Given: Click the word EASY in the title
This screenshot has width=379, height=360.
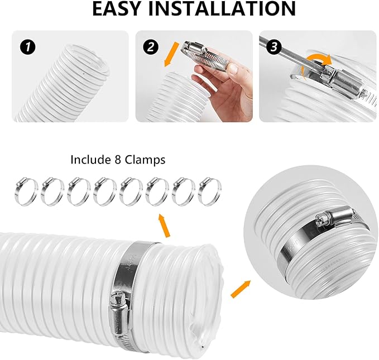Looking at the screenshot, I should click(122, 9).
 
